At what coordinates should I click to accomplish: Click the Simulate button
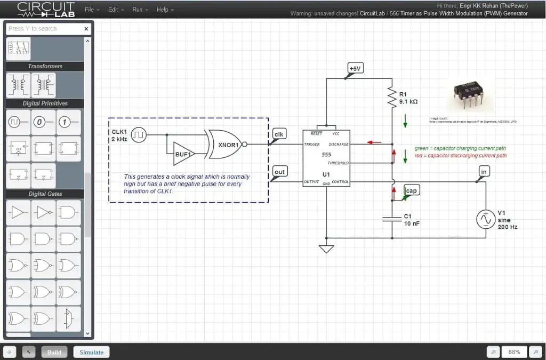click(x=91, y=352)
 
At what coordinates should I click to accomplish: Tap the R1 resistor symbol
click(x=392, y=98)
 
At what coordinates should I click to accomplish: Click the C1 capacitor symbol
click(x=392, y=219)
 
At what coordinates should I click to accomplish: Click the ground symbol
click(x=326, y=249)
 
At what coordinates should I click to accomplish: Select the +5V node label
click(x=354, y=68)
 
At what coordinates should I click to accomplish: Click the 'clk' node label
click(x=279, y=134)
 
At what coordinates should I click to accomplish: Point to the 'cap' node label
click(x=411, y=190)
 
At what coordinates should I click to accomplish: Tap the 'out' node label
click(x=279, y=171)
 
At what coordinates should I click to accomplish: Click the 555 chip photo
click(x=469, y=95)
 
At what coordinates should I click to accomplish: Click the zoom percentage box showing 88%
click(x=514, y=352)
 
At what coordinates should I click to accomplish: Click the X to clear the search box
click(x=86, y=29)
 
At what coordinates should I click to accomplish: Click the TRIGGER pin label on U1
click(x=312, y=145)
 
